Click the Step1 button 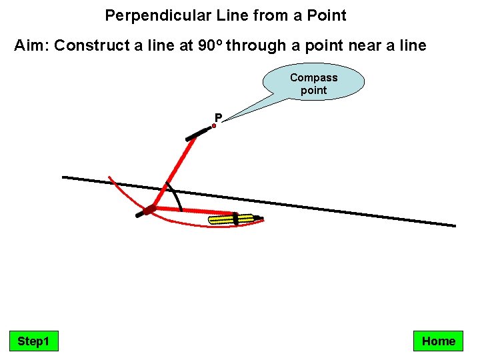[33, 341]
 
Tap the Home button [438, 341]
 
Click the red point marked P [214, 125]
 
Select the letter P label [218, 118]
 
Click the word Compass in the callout [313, 77]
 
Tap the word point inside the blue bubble [313, 90]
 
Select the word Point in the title [327, 15]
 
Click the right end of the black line [454, 225]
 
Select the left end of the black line [64, 177]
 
